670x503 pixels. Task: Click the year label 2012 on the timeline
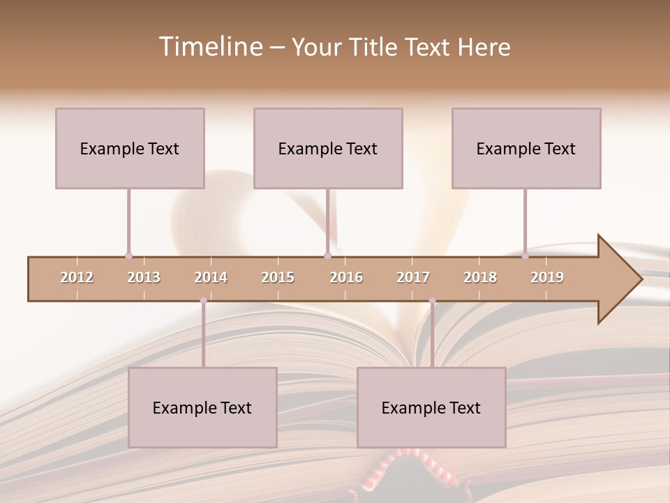(77, 277)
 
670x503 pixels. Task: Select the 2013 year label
(144, 277)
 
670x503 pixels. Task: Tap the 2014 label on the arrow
(211, 277)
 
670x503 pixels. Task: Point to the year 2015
(278, 277)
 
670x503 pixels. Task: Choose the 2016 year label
(346, 277)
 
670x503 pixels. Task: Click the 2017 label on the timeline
(413, 277)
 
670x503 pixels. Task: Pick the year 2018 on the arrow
(480, 277)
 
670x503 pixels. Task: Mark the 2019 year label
(547, 277)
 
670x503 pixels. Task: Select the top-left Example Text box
(130, 148)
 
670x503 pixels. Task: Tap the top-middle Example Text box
(328, 148)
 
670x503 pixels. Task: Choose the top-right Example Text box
(526, 148)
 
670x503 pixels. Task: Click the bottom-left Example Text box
(202, 407)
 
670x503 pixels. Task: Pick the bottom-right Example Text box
(431, 407)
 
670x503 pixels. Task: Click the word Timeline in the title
(209, 47)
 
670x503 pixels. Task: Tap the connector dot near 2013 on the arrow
(128, 256)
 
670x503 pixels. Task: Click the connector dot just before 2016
(328, 256)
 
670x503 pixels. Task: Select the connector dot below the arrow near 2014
(203, 301)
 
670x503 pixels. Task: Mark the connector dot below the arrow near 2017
(432, 301)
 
